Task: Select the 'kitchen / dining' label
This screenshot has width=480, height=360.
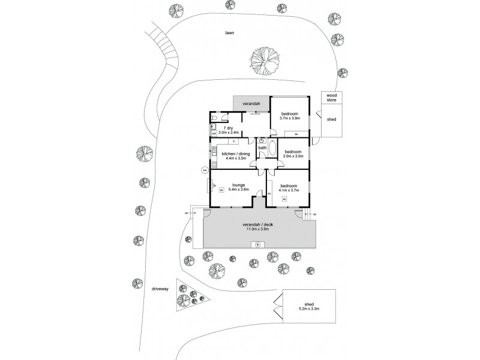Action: pos(235,154)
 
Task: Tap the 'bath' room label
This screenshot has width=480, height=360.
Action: pos(262,148)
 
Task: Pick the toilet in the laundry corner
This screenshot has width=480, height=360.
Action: pos(214,118)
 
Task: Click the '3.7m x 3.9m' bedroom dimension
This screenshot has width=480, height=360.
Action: pos(290,118)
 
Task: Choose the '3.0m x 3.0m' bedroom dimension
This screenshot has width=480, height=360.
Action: pos(293,156)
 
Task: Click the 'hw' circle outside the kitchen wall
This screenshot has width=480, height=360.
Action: pos(205,170)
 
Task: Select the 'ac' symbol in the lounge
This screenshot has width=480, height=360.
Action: pos(221,191)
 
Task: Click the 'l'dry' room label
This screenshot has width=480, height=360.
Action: pos(229,128)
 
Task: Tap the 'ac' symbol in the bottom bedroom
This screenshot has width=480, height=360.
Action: pos(284,198)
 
